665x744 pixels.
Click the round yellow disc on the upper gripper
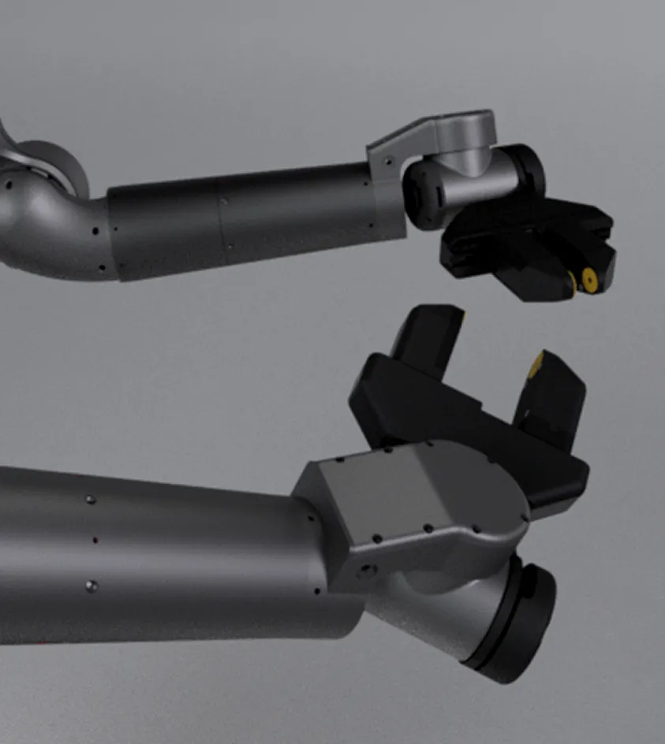coord(588,277)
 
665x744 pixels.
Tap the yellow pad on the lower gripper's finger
coord(537,363)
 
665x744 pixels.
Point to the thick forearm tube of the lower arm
coord(158,552)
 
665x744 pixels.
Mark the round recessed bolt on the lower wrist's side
coord(365,571)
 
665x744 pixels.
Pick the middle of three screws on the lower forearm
coord(95,541)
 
